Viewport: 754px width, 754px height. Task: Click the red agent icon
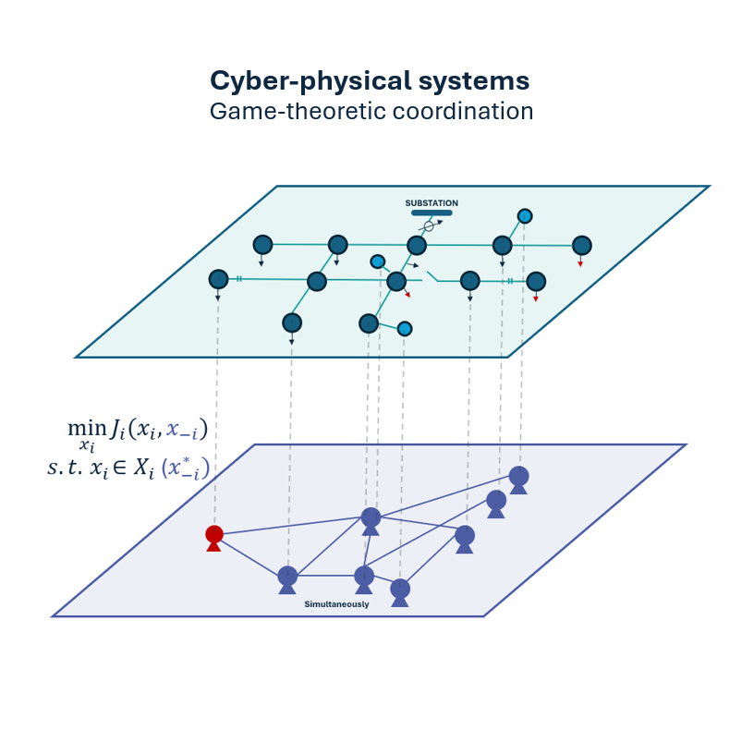pos(214,538)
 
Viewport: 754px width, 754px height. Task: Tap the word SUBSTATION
pos(432,203)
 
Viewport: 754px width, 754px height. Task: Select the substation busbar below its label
pos(432,213)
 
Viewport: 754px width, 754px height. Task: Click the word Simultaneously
pos(336,604)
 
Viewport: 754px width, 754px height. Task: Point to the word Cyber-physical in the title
pos(311,81)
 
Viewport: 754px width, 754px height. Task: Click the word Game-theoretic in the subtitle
pos(291,112)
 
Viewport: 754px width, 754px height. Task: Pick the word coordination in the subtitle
pos(463,112)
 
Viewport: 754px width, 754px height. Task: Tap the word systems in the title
pos(474,81)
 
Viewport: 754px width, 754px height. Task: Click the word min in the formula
pos(87,427)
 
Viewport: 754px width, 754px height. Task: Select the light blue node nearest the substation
pos(525,216)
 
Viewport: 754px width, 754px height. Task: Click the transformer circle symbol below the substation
pos(429,226)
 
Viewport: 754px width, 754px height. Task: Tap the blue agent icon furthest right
pos(519,480)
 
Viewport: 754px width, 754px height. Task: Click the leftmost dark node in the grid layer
pos(218,279)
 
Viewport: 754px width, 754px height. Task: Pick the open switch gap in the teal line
pos(430,277)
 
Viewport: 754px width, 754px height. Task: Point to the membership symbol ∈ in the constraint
pos(120,468)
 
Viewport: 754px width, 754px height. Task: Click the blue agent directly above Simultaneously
pos(364,580)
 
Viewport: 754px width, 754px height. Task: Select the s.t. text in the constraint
pos(65,467)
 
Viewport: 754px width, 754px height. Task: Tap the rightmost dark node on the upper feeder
pos(582,246)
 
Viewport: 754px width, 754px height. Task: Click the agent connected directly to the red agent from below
pos(287,580)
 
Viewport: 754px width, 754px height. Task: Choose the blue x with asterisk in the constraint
pos(186,468)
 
